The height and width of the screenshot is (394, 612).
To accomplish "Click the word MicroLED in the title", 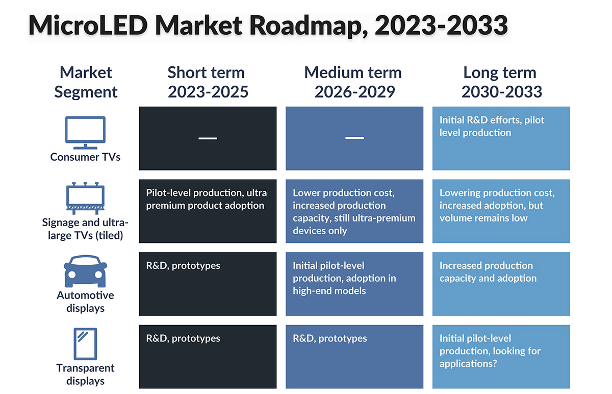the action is point(88,26).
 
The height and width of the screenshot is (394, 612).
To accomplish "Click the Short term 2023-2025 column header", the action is point(208,82).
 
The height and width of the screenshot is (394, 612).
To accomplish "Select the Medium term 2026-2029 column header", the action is point(354,82).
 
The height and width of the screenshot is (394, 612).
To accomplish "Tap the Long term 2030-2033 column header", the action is point(501,82).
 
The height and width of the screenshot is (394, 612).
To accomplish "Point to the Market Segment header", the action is point(86,82).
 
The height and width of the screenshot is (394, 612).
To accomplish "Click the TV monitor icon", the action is point(85,133).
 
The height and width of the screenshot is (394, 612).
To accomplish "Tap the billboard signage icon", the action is point(85,198).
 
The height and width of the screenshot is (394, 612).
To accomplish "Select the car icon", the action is point(85,271).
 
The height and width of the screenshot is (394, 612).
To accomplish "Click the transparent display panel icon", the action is point(85,344).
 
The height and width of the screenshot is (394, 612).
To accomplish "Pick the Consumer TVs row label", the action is point(85,157).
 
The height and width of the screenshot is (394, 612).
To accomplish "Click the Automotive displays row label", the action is point(85,302).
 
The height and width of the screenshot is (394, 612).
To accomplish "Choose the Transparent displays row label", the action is point(85,375).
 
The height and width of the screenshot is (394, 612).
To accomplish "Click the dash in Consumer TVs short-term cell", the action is point(208,138).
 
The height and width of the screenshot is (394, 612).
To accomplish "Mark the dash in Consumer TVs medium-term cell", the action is point(354,138).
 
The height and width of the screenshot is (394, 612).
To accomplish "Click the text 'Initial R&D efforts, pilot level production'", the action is point(492,127).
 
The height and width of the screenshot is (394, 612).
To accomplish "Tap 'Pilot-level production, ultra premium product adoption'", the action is point(206,199).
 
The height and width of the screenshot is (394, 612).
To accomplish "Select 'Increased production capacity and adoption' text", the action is point(488,272).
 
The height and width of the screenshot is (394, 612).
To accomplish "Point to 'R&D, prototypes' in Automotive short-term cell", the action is point(183,266).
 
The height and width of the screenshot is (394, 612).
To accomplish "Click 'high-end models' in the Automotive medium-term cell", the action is point(329,291).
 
